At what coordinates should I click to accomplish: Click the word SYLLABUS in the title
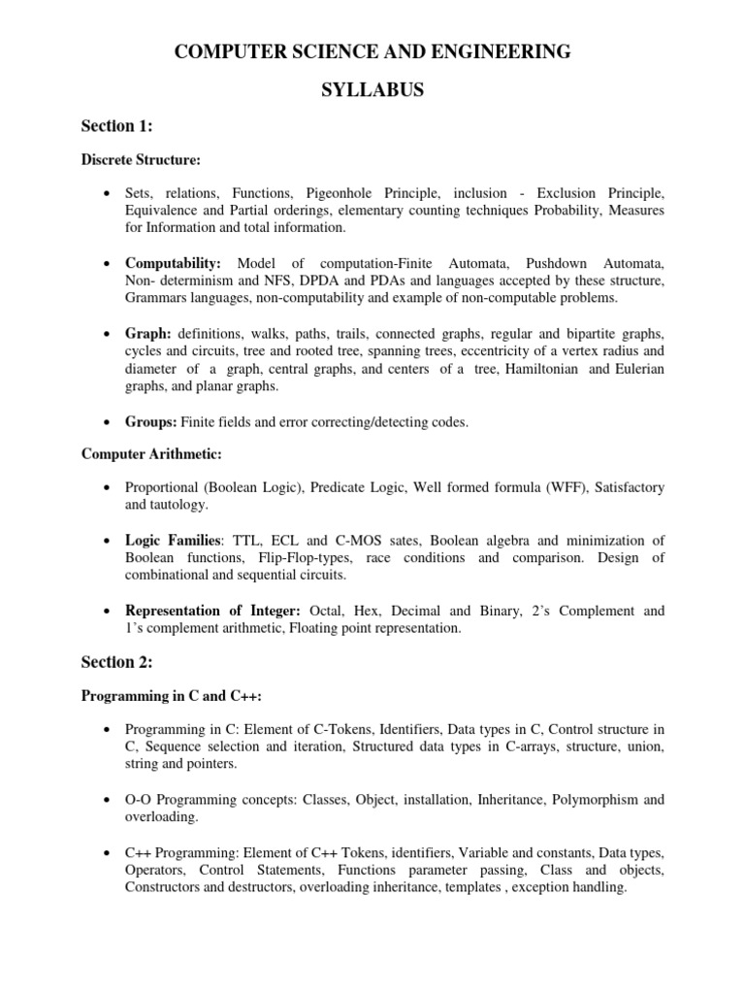pos(372,90)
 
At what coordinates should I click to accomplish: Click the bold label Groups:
pos(148,421)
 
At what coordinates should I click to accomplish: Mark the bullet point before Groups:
pos(105,422)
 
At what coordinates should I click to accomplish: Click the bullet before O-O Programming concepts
pos(105,801)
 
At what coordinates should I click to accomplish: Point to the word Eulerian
pos(636,369)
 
